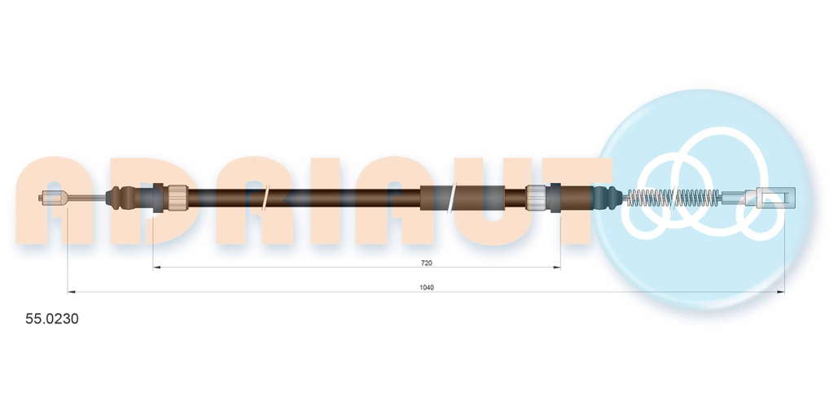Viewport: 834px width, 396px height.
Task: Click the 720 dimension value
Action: tap(426, 263)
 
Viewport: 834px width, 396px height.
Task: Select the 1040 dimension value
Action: tap(427, 288)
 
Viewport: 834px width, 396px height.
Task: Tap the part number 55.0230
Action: tap(52, 319)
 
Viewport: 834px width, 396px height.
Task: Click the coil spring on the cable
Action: tap(674, 198)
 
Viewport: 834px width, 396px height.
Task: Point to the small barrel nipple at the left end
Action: tap(53, 198)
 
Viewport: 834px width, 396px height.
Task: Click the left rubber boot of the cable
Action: tap(124, 198)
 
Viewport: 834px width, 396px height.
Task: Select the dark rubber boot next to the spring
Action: tap(608, 198)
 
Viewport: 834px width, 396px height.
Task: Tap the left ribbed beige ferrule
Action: tap(176, 198)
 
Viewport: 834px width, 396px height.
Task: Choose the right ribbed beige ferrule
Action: tap(538, 198)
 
